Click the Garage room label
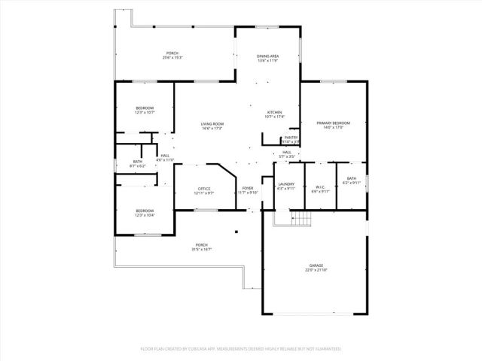pyautogui.click(x=316, y=267)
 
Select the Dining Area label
pyautogui.click(x=267, y=59)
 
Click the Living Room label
pyautogui.click(x=212, y=126)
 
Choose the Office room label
pyautogui.click(x=203, y=190)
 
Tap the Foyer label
pyautogui.click(x=248, y=190)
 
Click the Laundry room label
pyautogui.click(x=285, y=186)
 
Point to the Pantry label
pyautogui.click(x=291, y=139)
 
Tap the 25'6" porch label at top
pyautogui.click(x=173, y=55)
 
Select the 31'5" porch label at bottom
pyautogui.click(x=201, y=247)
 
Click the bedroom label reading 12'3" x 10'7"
pyautogui.click(x=145, y=111)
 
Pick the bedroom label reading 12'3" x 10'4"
pyautogui.click(x=145, y=212)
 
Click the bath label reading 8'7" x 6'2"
pyautogui.click(x=138, y=163)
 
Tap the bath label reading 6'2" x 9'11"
pyautogui.click(x=352, y=180)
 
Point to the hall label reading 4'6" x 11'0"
pyautogui.click(x=164, y=157)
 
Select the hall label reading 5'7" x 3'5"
pyautogui.click(x=287, y=154)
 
